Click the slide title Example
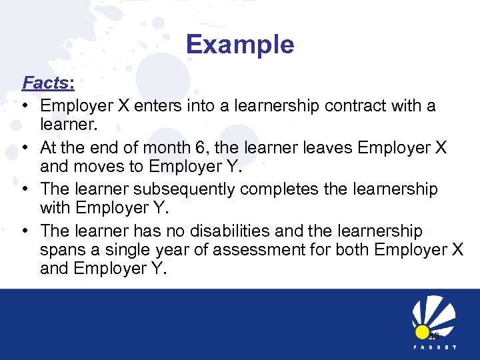(x=240, y=45)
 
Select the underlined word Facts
(x=45, y=83)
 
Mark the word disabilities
(x=235, y=231)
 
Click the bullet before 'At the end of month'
(x=25, y=148)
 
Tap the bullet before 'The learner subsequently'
(x=25, y=190)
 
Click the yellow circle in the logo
(x=421, y=332)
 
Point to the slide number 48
(x=433, y=336)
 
